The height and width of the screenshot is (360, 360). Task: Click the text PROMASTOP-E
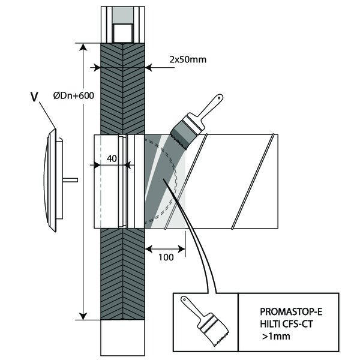click(287, 311)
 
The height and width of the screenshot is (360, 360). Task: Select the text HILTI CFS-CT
click(287, 325)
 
